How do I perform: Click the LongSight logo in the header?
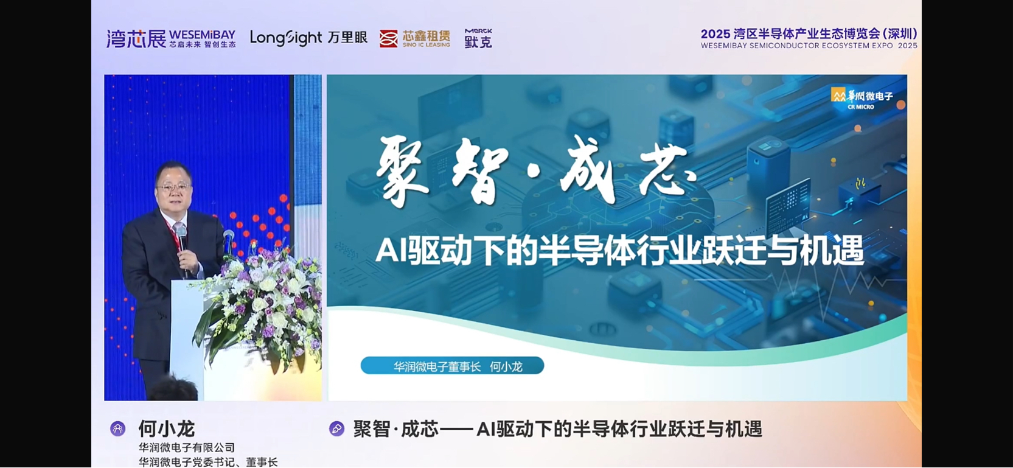pyautogui.click(x=287, y=38)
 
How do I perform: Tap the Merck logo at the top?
pyautogui.click(x=478, y=38)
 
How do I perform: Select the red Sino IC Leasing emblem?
pyautogui.click(x=388, y=38)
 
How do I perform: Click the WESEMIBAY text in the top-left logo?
pyautogui.click(x=202, y=35)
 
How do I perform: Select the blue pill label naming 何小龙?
pyautogui.click(x=452, y=365)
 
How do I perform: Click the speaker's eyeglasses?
pyautogui.click(x=173, y=187)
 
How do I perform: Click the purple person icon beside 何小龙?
pyautogui.click(x=117, y=428)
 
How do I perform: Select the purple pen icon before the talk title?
pyautogui.click(x=336, y=428)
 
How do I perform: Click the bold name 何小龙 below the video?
pyautogui.click(x=167, y=428)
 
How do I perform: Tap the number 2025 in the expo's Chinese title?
pyautogui.click(x=715, y=34)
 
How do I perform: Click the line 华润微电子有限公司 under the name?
pyautogui.click(x=187, y=448)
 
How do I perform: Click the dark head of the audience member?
pyautogui.click(x=173, y=389)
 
